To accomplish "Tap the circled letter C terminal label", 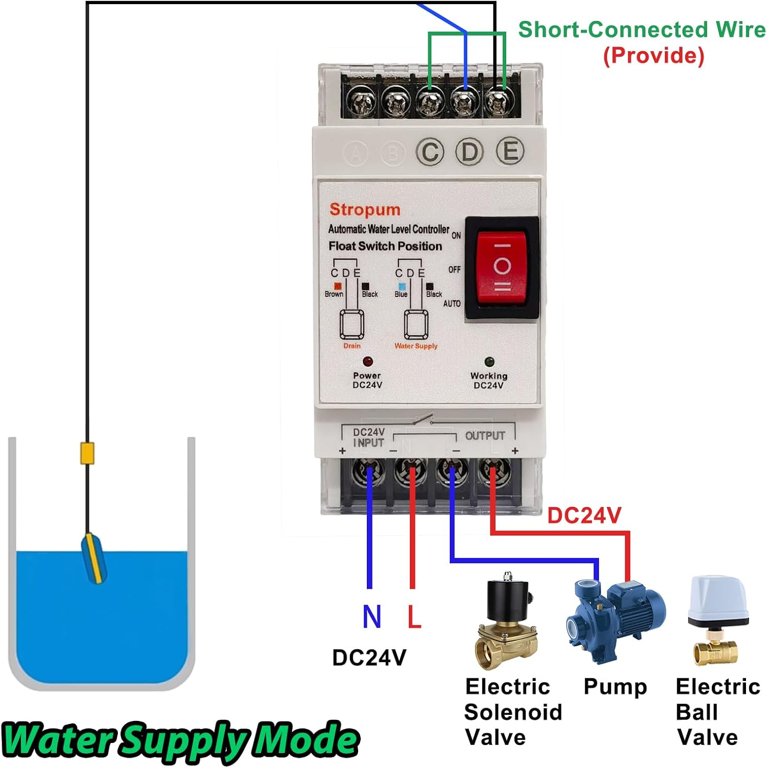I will (x=430, y=153).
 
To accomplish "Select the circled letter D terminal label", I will (x=470, y=152).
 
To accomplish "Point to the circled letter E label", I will (x=510, y=152).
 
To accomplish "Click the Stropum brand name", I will (x=364, y=209).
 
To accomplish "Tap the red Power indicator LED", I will (x=367, y=361).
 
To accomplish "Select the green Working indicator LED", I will (x=489, y=362).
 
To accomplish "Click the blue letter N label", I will (x=372, y=616).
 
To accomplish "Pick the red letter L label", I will (x=413, y=616).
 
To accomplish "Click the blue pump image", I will (x=614, y=620).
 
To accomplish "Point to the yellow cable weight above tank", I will (x=88, y=453).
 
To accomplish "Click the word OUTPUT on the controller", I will (x=485, y=436).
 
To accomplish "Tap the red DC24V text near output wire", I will (x=584, y=515).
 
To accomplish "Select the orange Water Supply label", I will (x=416, y=346).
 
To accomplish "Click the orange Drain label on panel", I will (x=351, y=346).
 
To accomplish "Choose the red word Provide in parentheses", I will (x=653, y=55).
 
